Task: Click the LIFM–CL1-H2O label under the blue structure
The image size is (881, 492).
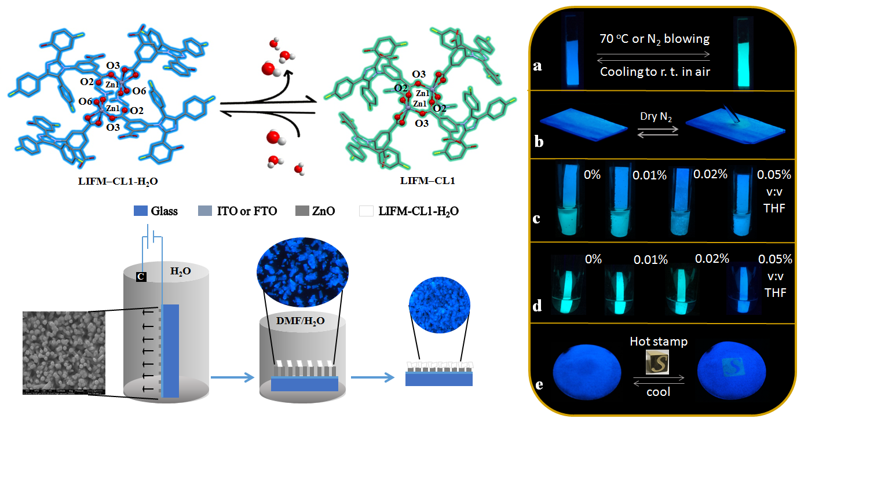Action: [118, 181]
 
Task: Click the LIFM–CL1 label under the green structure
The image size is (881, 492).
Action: [427, 181]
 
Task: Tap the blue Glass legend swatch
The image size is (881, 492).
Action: [141, 211]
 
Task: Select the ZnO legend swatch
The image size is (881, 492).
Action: [302, 211]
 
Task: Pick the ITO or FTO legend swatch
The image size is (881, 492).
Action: [205, 211]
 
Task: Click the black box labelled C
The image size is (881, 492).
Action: [141, 277]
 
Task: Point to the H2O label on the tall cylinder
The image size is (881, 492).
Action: [180, 271]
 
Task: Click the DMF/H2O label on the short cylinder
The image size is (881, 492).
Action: [300, 321]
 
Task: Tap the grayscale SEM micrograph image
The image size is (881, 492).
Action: [64, 353]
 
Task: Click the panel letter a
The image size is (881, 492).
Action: [538, 66]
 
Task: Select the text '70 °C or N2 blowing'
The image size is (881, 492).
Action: [655, 39]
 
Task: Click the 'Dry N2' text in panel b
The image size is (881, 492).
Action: [656, 116]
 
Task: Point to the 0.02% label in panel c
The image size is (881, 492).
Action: [710, 174]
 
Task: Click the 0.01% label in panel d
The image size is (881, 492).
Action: [650, 259]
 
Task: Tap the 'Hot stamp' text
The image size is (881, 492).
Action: [659, 342]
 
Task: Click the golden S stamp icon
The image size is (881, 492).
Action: [657, 363]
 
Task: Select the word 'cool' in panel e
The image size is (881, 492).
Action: [658, 392]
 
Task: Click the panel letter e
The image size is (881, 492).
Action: [539, 384]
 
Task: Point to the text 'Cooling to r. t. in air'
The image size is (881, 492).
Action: [655, 72]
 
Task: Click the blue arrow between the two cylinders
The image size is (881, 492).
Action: [232, 377]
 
